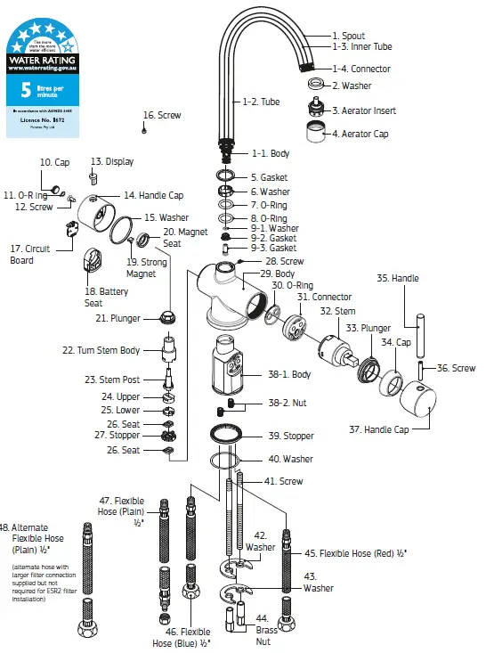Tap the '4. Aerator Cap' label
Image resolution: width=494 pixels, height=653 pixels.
(364, 135)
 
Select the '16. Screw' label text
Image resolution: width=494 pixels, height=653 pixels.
(162, 116)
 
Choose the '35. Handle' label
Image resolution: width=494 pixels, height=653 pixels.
(397, 278)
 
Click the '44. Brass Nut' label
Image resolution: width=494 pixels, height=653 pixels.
(267, 629)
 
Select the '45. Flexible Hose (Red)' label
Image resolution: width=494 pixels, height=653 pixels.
(356, 553)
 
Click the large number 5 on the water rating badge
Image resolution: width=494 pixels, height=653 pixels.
(25, 90)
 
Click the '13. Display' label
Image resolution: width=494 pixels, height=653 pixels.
(112, 162)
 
